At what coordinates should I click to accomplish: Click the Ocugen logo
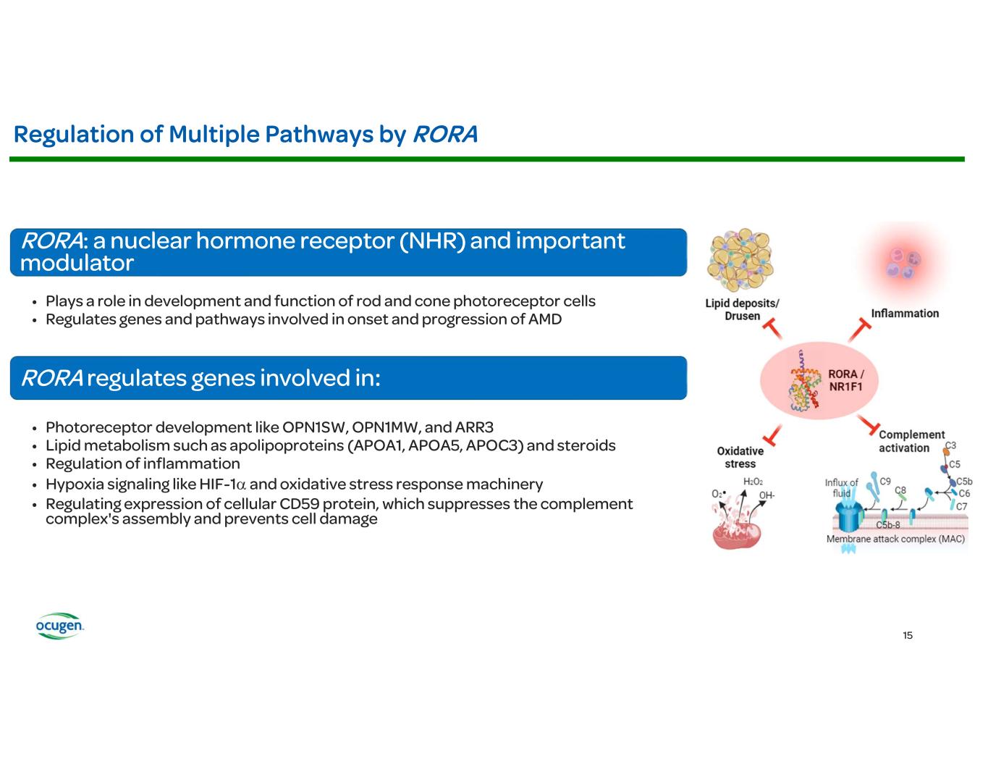click(x=60, y=626)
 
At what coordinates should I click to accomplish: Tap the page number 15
click(x=908, y=636)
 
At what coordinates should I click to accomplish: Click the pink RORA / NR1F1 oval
click(x=822, y=381)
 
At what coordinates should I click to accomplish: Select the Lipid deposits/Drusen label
click(x=742, y=310)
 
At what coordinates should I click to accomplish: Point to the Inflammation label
click(x=905, y=314)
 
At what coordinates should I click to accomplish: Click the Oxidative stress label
click(x=740, y=458)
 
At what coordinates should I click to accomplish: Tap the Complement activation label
click(x=911, y=442)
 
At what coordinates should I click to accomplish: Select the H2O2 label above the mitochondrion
click(x=753, y=482)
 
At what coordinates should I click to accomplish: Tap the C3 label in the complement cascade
click(x=950, y=445)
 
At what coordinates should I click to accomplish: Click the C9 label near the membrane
click(x=885, y=481)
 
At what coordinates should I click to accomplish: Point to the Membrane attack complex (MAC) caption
click(x=895, y=540)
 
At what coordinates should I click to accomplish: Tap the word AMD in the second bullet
click(x=546, y=319)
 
